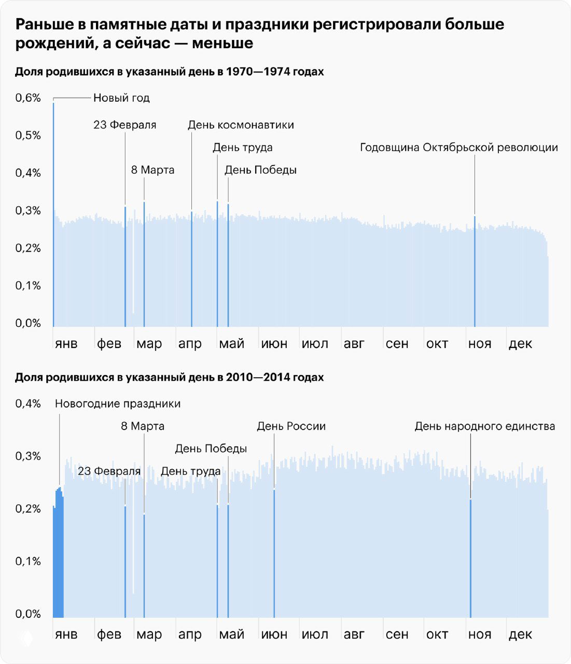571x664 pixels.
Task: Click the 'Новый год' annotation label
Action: pos(121,98)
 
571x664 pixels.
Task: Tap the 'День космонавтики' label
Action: pos(241,125)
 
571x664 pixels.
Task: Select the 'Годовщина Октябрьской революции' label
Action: pos(458,147)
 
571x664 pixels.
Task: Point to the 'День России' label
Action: pos(291,426)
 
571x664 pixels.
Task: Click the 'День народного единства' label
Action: pos(484,426)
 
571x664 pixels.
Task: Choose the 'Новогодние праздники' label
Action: pos(118,404)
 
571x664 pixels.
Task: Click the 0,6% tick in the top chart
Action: pos(28,98)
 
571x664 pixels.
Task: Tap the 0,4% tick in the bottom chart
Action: pos(28,404)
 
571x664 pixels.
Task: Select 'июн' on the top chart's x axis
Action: pos(274,344)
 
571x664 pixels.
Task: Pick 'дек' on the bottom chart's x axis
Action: pos(520,634)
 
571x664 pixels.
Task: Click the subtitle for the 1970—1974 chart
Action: pos(169,72)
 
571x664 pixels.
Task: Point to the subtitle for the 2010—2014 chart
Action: pos(169,378)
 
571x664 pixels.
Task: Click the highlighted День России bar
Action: pos(274,555)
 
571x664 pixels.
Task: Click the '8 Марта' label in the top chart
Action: pos(152,170)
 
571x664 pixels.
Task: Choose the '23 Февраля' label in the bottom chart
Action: pos(109,471)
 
